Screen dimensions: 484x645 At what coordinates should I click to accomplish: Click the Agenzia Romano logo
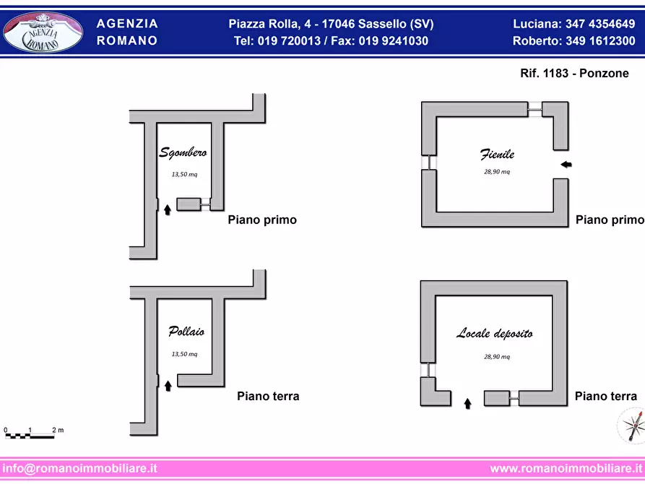(x=43, y=33)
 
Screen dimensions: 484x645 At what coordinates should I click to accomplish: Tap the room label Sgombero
(x=183, y=152)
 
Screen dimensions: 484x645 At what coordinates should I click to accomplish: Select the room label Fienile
(x=497, y=155)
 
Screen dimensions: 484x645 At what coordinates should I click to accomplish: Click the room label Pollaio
(x=186, y=332)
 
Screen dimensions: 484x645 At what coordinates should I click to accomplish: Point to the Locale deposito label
(x=495, y=333)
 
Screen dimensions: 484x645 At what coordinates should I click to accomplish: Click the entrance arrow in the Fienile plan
(x=566, y=165)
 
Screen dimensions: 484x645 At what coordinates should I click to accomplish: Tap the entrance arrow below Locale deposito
(x=467, y=403)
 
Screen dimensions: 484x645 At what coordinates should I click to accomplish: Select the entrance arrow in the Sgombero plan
(x=168, y=209)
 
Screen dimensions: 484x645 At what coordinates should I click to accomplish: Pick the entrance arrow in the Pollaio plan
(x=168, y=386)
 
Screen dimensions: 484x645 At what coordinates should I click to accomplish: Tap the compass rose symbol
(x=631, y=426)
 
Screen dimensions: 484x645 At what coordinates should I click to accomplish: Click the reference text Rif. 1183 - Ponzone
(x=574, y=74)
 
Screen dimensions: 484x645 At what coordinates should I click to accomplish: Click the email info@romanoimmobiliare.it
(x=79, y=468)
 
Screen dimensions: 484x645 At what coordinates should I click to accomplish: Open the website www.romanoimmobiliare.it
(x=566, y=468)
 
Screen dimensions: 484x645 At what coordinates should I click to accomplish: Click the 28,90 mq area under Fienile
(x=497, y=172)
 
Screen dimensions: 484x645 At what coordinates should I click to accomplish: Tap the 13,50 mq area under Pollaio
(x=184, y=354)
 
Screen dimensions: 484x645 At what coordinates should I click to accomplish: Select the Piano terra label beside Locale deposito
(x=605, y=396)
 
